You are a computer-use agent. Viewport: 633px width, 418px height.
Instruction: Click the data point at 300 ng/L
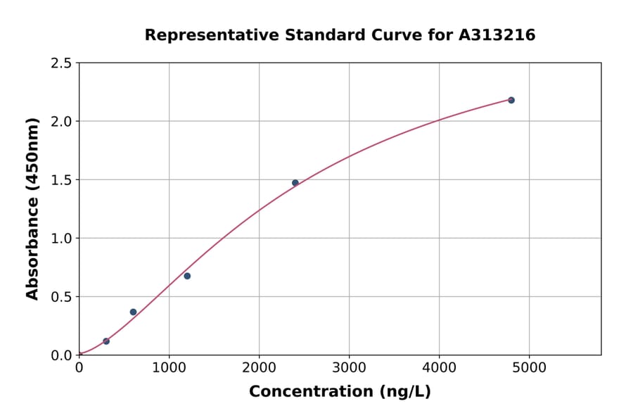coord(106,341)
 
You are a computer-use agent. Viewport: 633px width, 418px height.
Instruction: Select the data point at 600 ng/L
coord(133,312)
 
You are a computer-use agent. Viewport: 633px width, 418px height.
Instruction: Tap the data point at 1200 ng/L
coord(187,276)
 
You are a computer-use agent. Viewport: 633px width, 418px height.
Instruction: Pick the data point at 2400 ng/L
coord(295,183)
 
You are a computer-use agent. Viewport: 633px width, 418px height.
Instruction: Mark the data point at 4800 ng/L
coord(511,100)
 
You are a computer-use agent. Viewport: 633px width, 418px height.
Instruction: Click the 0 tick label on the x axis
coord(79,368)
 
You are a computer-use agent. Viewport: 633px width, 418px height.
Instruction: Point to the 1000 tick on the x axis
coord(169,368)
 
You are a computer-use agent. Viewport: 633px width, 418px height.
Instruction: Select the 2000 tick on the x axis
coord(259,368)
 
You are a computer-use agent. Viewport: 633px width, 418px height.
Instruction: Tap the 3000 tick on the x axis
coord(349,368)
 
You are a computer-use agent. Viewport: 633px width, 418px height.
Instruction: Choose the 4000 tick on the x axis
coord(440,368)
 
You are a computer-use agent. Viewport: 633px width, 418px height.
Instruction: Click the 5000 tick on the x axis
coord(530,368)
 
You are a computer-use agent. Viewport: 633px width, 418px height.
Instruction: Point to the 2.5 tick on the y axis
coord(61,63)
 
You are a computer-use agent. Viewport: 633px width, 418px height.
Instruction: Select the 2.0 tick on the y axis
coord(61,122)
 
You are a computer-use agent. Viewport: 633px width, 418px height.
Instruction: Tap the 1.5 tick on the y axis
coord(61,180)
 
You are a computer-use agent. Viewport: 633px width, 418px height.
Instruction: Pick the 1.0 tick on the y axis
coord(61,239)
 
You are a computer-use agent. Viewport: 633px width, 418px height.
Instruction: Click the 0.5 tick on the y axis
coord(61,297)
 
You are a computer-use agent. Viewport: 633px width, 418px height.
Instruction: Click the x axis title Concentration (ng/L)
coord(340,392)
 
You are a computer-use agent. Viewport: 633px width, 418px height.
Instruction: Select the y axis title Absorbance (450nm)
coord(32,208)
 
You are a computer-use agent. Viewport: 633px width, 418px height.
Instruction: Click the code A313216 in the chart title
coord(497,34)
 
